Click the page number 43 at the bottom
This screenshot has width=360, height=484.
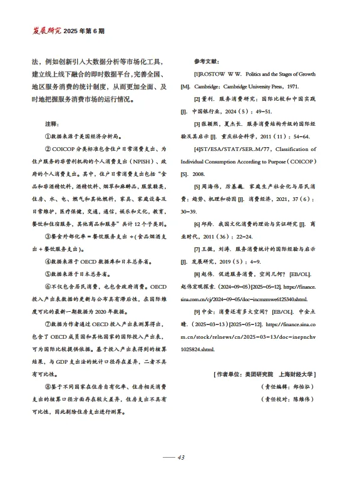tap(181, 458)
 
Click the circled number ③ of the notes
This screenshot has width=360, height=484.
tap(48, 237)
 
